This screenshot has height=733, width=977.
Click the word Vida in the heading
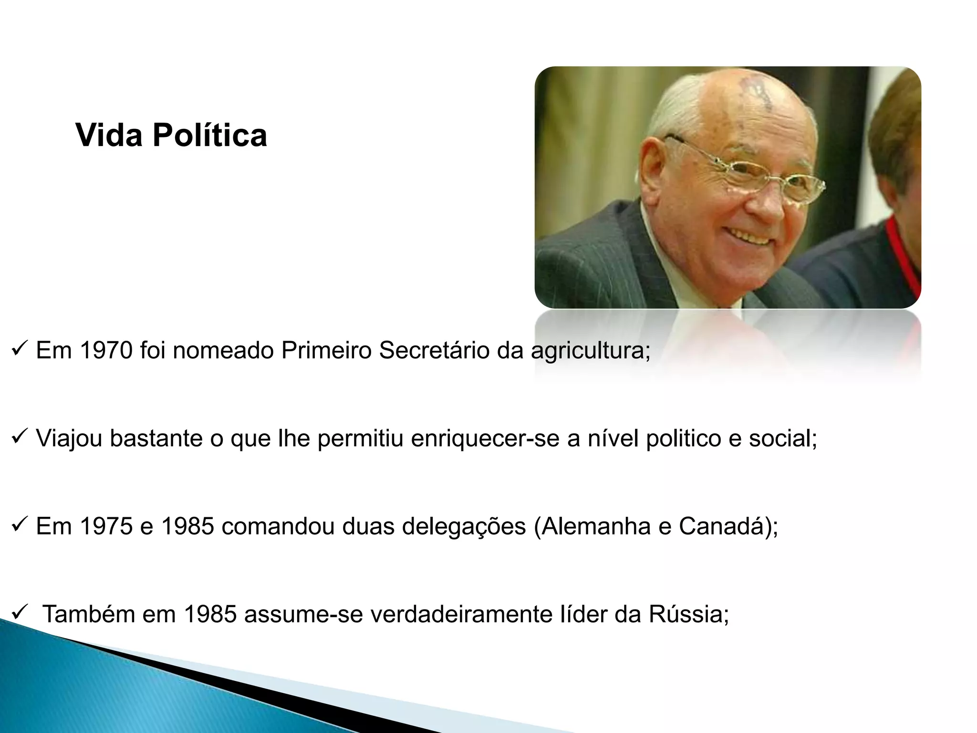(x=109, y=135)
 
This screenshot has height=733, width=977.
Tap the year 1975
(x=106, y=526)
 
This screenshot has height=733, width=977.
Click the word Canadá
(x=719, y=526)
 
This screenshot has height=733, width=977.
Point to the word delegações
(x=464, y=527)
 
